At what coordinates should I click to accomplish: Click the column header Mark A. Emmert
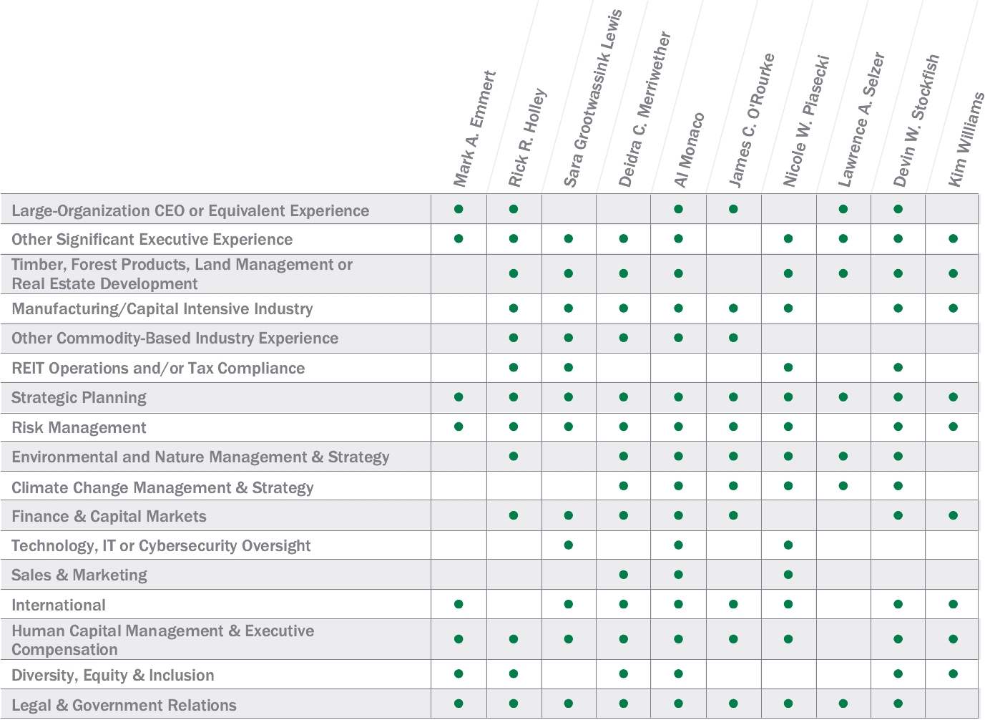coord(474,129)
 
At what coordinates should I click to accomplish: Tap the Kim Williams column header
coord(966,140)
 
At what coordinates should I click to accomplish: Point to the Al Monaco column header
coord(689,150)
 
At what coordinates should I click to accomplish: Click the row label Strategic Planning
coord(79,398)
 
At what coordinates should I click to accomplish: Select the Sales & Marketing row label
coord(79,575)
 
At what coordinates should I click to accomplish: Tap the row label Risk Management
coord(79,428)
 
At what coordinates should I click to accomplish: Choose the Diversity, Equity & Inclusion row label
coord(112,676)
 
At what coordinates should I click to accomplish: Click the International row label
coord(59,605)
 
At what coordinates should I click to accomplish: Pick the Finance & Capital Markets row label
coord(109,517)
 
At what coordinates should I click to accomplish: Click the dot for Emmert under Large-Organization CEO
coord(459,209)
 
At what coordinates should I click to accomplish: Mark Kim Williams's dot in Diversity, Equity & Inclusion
coord(953,673)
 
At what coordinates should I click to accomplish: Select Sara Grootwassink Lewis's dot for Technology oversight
coord(569,545)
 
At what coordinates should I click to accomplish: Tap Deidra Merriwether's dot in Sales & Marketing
coord(624,575)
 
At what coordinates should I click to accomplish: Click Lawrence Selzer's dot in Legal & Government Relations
coord(843,704)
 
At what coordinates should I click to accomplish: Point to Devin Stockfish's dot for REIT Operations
coord(898,367)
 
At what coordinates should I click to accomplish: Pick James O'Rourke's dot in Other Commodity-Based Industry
coord(733,338)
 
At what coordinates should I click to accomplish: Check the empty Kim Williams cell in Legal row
coord(952,704)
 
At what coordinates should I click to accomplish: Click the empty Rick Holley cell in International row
coord(514,604)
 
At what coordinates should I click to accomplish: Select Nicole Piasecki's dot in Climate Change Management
coord(788,486)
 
